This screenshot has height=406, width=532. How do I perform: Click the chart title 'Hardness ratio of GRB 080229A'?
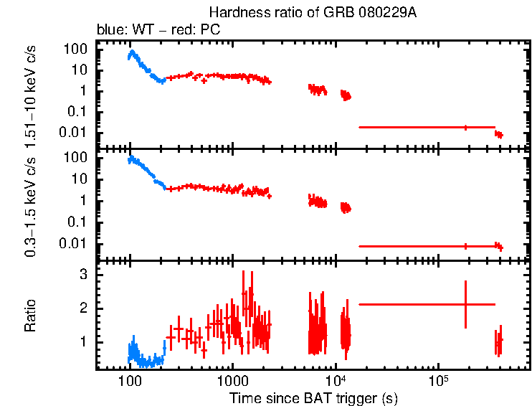[312, 13]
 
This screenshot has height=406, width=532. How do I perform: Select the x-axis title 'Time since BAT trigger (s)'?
[313, 397]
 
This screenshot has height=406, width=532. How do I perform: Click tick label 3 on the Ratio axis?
[83, 274]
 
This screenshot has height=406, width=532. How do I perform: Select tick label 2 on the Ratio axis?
[83, 308]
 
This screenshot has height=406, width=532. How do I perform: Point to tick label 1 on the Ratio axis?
[83, 341]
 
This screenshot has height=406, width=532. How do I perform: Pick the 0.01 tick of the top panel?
[74, 132]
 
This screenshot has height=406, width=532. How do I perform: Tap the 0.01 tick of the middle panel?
[74, 243]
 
